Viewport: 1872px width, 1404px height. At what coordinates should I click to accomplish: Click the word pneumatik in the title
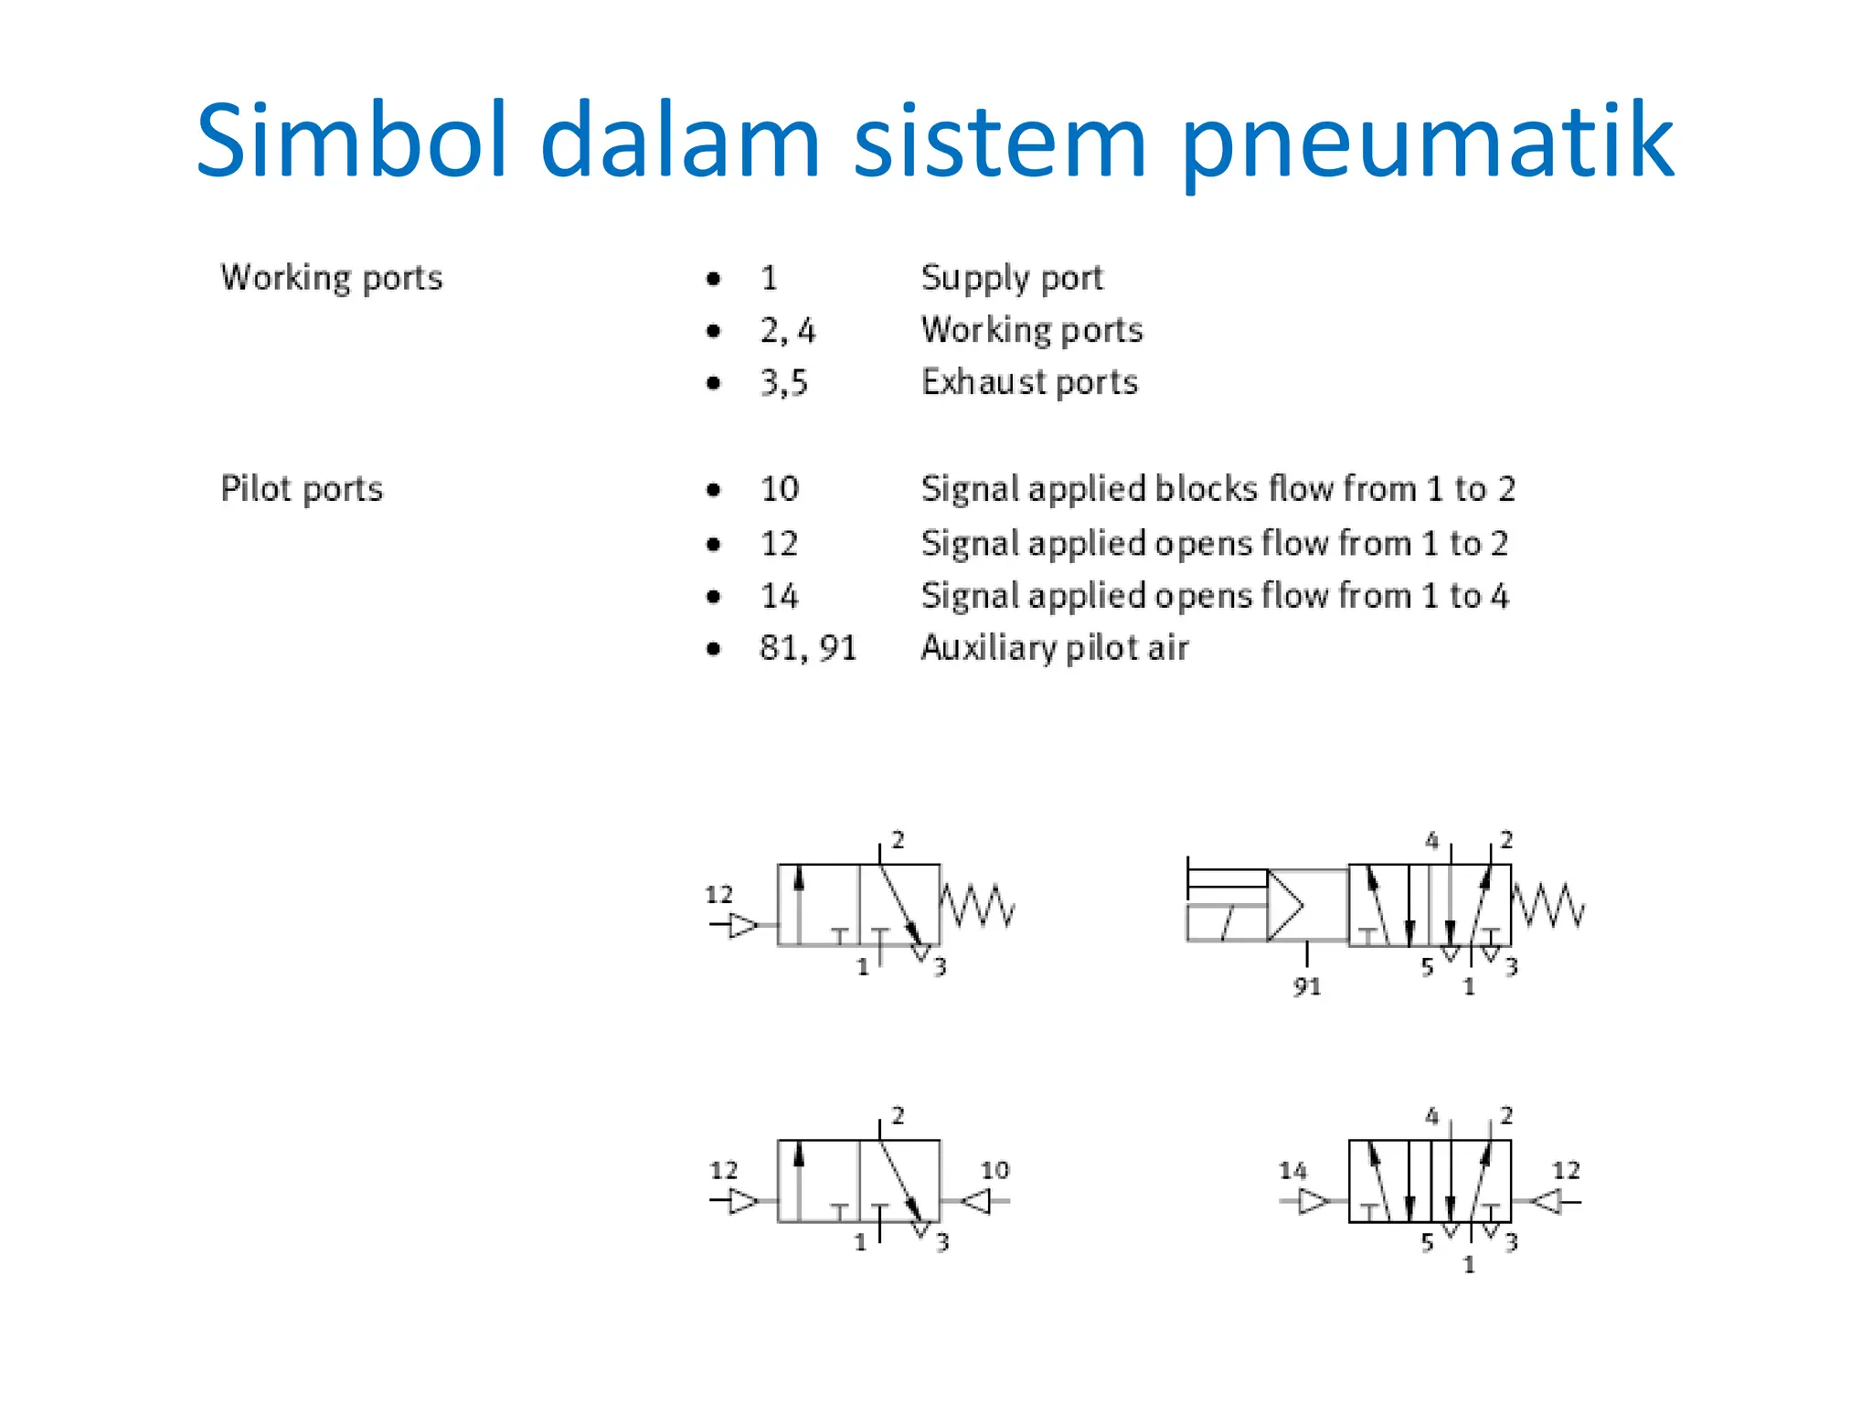[x=1428, y=144]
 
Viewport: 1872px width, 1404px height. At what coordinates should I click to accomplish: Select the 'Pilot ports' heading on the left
[x=302, y=489]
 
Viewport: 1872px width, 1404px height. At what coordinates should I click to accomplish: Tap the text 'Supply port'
[x=1012, y=278]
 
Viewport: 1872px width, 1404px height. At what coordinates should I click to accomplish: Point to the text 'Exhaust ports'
[x=1029, y=382]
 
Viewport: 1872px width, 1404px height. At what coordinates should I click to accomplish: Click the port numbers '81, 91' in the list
[x=808, y=648]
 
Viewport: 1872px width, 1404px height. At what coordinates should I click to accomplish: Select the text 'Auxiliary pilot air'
[x=1054, y=648]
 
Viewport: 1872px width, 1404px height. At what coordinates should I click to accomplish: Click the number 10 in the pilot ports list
[x=780, y=489]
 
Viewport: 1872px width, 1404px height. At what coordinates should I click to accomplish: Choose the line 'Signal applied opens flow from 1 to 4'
[x=1214, y=596]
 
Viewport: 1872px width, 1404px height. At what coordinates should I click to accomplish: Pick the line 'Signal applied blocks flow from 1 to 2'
[x=1218, y=489]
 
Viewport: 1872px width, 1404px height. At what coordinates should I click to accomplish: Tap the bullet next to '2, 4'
[x=714, y=331]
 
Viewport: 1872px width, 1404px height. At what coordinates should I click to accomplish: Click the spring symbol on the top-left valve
[x=977, y=905]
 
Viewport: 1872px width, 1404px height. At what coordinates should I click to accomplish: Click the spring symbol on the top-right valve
[x=1548, y=905]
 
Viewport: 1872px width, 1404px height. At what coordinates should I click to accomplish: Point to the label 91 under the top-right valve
[x=1307, y=986]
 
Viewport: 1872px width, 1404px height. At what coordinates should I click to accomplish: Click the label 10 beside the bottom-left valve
[x=994, y=1170]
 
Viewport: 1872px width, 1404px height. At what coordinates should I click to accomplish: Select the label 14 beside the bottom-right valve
[x=1292, y=1170]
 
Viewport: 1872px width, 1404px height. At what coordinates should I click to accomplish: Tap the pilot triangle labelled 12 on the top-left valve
[x=743, y=925]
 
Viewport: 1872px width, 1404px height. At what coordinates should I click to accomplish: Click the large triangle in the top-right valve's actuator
[x=1284, y=906]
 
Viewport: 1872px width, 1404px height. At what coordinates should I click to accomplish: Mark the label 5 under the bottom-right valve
[x=1427, y=1242]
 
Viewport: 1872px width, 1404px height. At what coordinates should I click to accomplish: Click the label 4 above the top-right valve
[x=1431, y=840]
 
